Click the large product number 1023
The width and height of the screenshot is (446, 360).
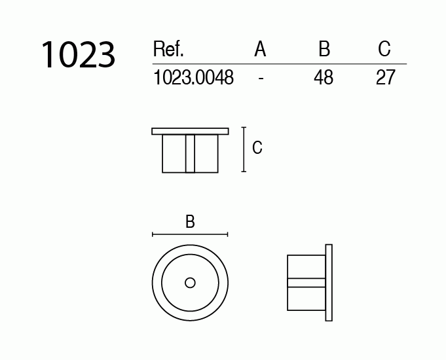(x=78, y=55)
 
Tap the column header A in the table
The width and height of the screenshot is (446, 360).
(x=260, y=49)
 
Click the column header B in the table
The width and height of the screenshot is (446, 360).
(x=324, y=49)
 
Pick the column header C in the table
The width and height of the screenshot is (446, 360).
(x=384, y=49)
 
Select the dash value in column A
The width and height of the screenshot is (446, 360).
(x=261, y=78)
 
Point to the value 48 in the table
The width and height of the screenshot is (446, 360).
(x=324, y=78)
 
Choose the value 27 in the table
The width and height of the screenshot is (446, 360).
(x=385, y=78)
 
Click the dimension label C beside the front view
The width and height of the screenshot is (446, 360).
(x=257, y=148)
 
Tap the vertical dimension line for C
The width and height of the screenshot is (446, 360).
(x=244, y=149)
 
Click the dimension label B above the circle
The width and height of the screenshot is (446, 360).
(x=190, y=222)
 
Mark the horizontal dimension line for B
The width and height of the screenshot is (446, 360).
(x=190, y=234)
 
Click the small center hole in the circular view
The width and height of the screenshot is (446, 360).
(x=190, y=283)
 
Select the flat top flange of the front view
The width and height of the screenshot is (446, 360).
(x=190, y=131)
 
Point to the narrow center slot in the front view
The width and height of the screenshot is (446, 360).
(x=190, y=153)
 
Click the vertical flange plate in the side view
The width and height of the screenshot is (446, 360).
(x=329, y=283)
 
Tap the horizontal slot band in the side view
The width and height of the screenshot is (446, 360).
(x=307, y=283)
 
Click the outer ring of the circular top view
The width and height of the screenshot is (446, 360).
(x=157, y=283)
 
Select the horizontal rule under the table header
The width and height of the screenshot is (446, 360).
(x=278, y=63)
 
